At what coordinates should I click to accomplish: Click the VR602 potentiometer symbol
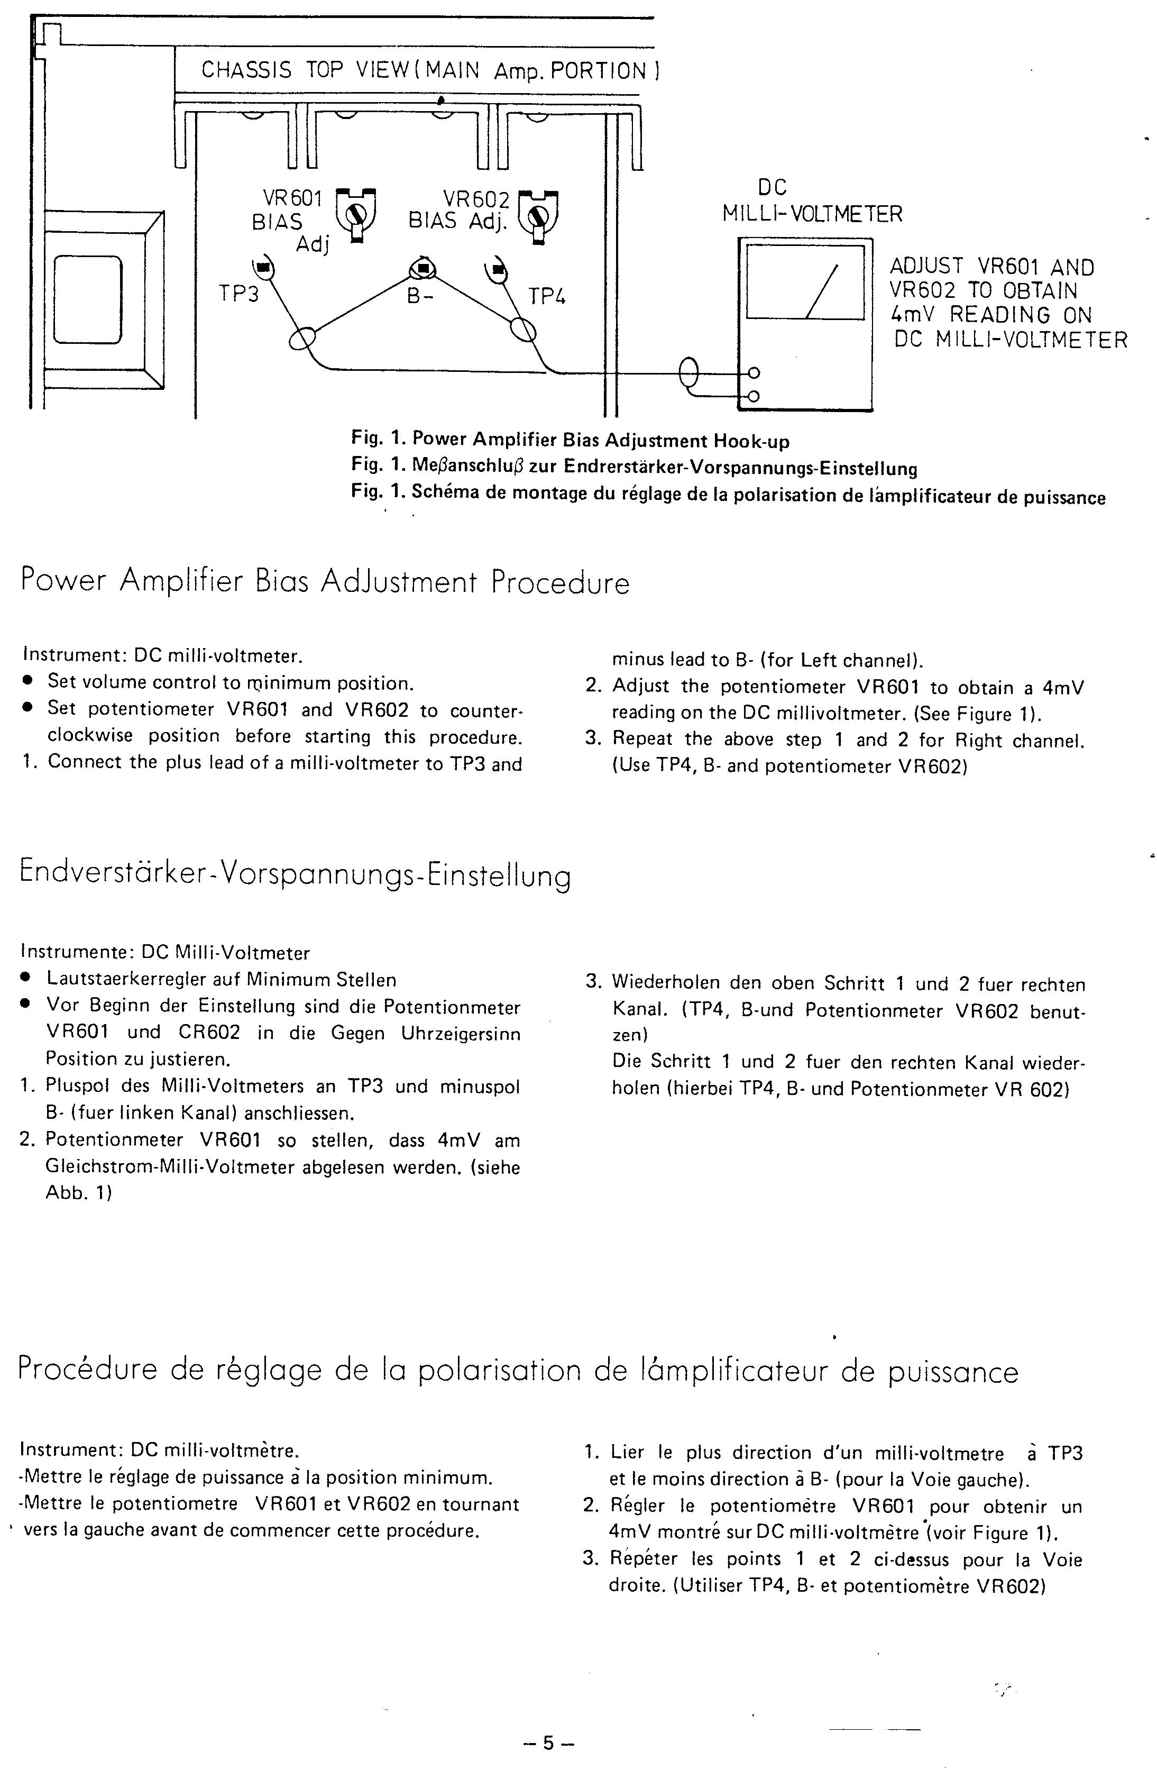coord(540,216)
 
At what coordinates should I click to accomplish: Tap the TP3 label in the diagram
coord(238,295)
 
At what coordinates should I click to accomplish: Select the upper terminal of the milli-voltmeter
coord(754,373)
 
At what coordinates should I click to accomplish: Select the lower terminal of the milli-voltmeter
coord(754,396)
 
